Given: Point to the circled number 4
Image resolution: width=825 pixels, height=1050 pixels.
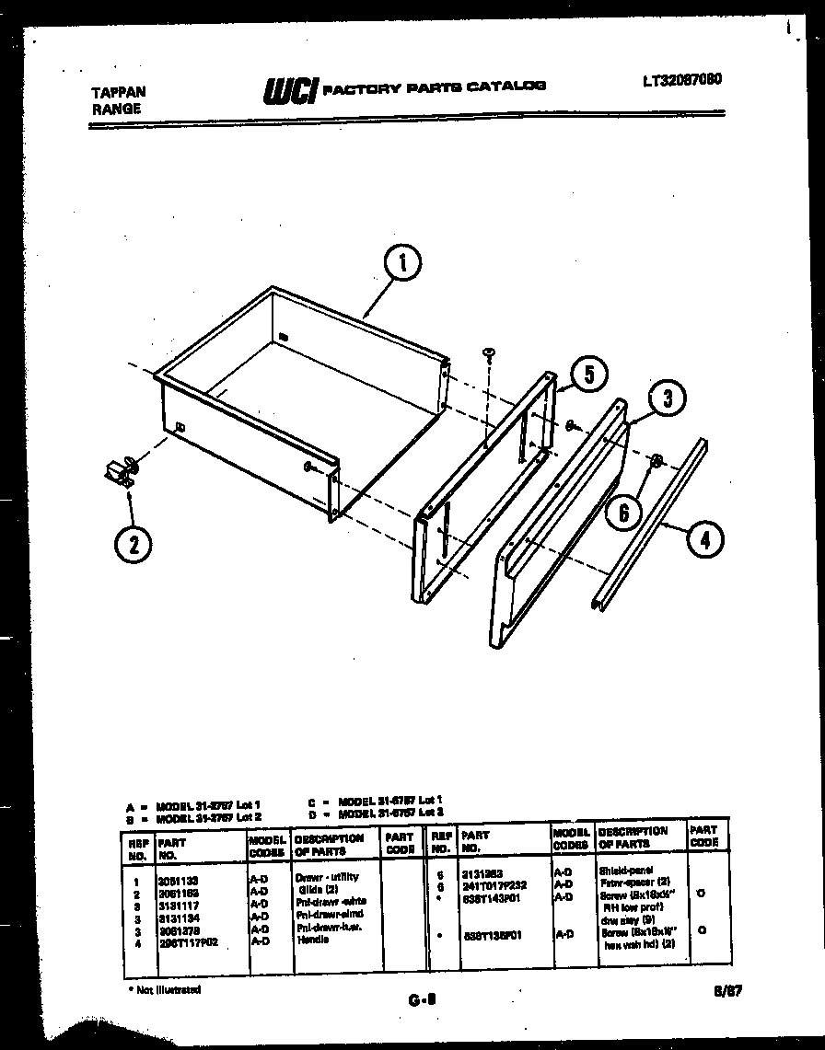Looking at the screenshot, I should coord(704,540).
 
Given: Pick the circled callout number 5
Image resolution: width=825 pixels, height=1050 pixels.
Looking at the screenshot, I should coord(588,375).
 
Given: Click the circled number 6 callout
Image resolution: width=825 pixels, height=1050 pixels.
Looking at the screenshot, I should coord(623,512).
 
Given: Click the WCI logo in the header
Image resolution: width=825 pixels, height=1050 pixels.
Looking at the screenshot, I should coord(290,89).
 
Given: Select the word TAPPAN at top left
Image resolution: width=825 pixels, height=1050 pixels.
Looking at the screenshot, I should coord(119,93).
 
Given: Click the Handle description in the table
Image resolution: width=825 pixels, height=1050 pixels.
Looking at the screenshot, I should coord(308,940).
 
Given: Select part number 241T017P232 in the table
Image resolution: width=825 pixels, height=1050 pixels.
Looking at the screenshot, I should coord(494,885).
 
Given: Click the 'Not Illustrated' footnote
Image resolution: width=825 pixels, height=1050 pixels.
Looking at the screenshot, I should coord(165,989).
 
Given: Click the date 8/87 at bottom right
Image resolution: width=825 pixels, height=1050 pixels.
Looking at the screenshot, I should coord(726,991).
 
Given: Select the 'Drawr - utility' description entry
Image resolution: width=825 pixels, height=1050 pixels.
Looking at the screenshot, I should coord(327,877).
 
